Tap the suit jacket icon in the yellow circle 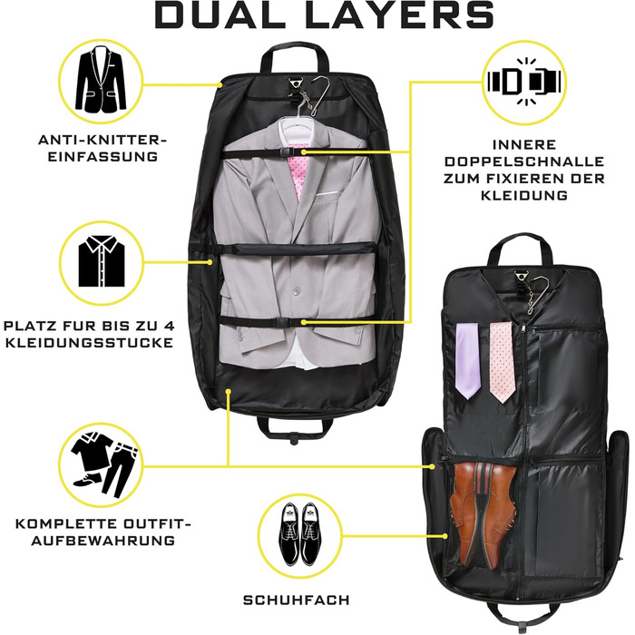(x=102, y=80)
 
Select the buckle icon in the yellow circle (x=524, y=81)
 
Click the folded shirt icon (x=102, y=262)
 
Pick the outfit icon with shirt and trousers (x=103, y=464)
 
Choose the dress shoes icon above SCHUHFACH (x=299, y=533)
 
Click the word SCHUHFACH (x=296, y=600)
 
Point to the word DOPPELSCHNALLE (x=524, y=161)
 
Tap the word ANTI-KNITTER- (x=103, y=140)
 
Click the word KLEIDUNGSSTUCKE (x=90, y=343)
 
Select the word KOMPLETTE (x=63, y=523)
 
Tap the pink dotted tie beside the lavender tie (x=502, y=363)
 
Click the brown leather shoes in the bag (x=484, y=513)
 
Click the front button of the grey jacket (x=298, y=291)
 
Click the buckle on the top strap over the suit (x=286, y=151)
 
